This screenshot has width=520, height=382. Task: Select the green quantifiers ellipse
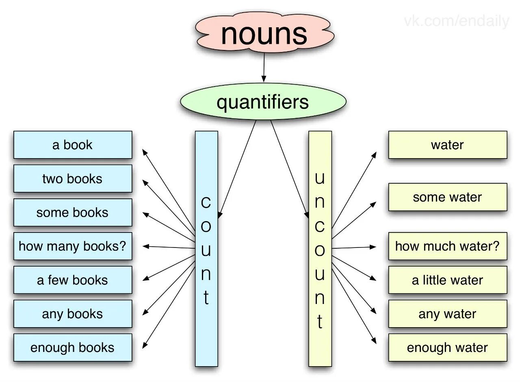263,102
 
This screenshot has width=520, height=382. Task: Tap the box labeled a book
73,145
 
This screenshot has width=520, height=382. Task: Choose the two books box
73,178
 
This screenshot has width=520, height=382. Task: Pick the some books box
73,212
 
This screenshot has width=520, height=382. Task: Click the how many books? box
73,246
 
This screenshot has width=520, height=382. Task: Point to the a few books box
73,280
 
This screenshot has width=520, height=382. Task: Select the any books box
73,313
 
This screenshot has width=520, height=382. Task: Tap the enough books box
73,347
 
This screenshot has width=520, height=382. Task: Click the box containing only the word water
447,145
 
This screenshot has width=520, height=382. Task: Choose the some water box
447,197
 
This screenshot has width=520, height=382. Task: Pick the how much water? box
447,246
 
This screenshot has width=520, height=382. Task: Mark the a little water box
447,280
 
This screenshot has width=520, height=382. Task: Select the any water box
447,313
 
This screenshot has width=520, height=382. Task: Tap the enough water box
447,347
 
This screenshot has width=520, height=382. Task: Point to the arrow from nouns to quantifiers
264,67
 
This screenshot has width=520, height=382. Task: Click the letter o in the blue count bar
206,226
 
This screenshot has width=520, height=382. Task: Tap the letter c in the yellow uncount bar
320,226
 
